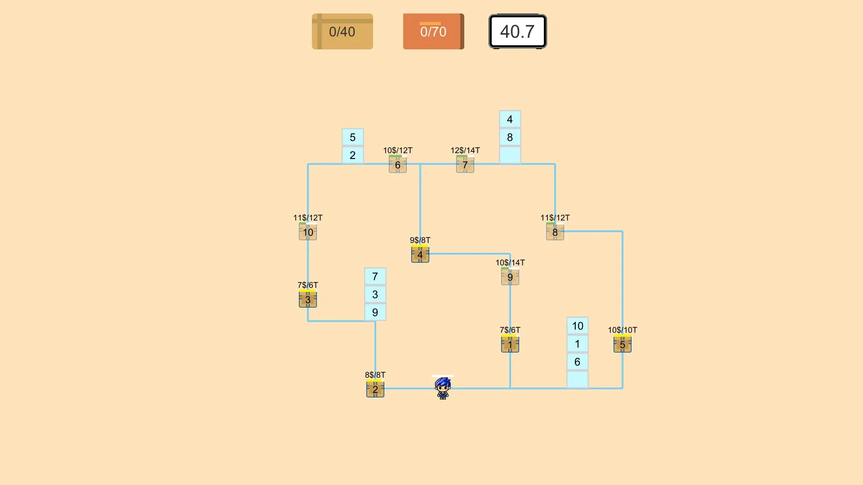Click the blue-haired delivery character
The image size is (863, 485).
click(x=443, y=388)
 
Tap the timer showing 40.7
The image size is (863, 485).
click(x=518, y=31)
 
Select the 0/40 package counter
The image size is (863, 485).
click(x=343, y=31)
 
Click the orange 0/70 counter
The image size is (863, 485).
click(x=433, y=31)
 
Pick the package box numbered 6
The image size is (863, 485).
click(x=398, y=164)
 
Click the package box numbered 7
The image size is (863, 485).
click(x=465, y=164)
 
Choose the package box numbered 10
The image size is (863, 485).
click(x=308, y=232)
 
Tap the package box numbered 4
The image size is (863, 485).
click(x=420, y=254)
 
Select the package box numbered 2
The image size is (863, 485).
click(x=375, y=389)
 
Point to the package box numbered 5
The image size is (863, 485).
click(x=623, y=344)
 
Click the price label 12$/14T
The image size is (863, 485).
click(x=465, y=150)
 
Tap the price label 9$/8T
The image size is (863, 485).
click(x=420, y=240)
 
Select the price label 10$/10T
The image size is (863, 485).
click(x=623, y=330)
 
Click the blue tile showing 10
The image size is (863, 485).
click(x=578, y=326)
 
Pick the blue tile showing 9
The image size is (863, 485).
click(x=375, y=312)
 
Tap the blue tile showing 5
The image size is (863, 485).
click(x=353, y=137)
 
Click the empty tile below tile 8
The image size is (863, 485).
click(x=510, y=155)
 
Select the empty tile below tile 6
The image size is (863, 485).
click(x=578, y=379)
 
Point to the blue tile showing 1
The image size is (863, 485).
click(x=578, y=344)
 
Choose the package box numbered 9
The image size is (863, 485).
click(x=510, y=277)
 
